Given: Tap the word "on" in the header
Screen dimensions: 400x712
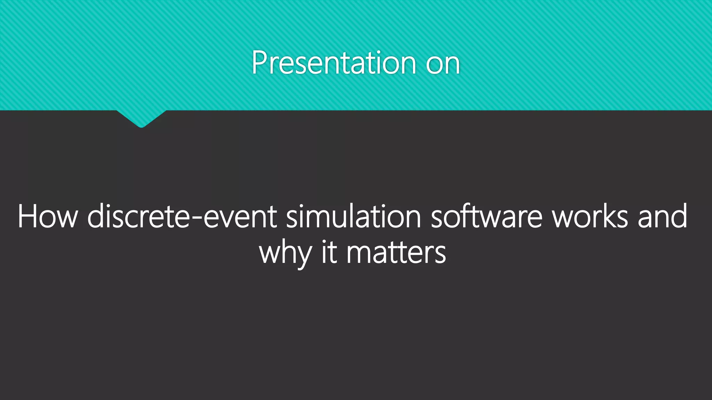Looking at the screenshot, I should [x=443, y=64].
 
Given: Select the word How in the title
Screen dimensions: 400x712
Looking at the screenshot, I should [x=48, y=217].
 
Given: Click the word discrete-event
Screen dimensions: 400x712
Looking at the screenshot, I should [x=182, y=217].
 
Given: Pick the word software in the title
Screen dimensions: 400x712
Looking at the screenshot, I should [x=486, y=217].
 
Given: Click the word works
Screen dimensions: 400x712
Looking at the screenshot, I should [x=590, y=217].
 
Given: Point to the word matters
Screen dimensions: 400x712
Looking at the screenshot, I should [x=396, y=253].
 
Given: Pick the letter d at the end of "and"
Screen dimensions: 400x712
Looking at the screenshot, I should [x=679, y=216].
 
